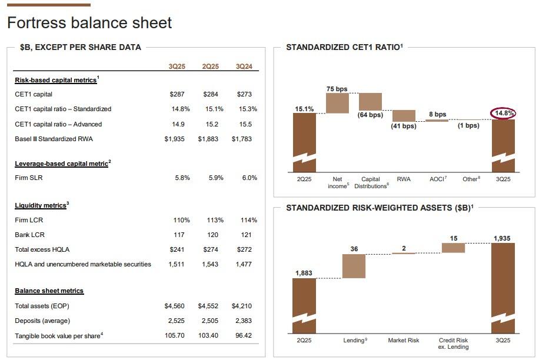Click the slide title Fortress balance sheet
[89, 23]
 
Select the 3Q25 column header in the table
[177, 66]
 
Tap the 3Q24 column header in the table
[244, 66]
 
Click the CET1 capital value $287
[177, 94]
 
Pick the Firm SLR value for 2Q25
[216, 178]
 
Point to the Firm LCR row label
[29, 220]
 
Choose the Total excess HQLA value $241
[177, 249]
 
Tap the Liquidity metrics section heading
[41, 205]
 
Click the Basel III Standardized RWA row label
[54, 139]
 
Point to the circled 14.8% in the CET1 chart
[504, 113]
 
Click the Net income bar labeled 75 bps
[337, 103]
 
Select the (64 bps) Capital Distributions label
[370, 115]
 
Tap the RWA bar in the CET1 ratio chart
[404, 115]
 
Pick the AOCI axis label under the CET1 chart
[437, 179]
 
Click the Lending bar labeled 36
[354, 266]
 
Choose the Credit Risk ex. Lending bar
[454, 248]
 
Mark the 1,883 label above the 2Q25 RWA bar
[304, 272]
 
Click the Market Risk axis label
[404, 341]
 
